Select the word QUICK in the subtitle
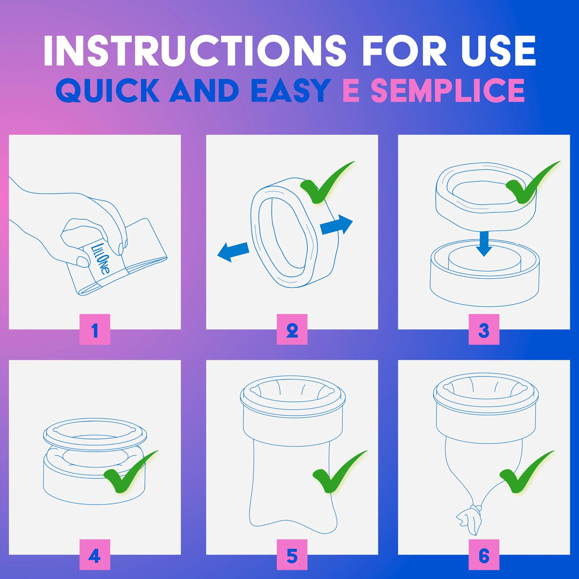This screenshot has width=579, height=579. click(x=107, y=90)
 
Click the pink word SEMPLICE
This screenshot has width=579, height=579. click(x=448, y=90)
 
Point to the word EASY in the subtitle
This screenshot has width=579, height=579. click(x=290, y=90)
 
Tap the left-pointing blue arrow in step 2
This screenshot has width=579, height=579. click(x=233, y=251)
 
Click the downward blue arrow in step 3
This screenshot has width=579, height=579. click(x=484, y=243)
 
